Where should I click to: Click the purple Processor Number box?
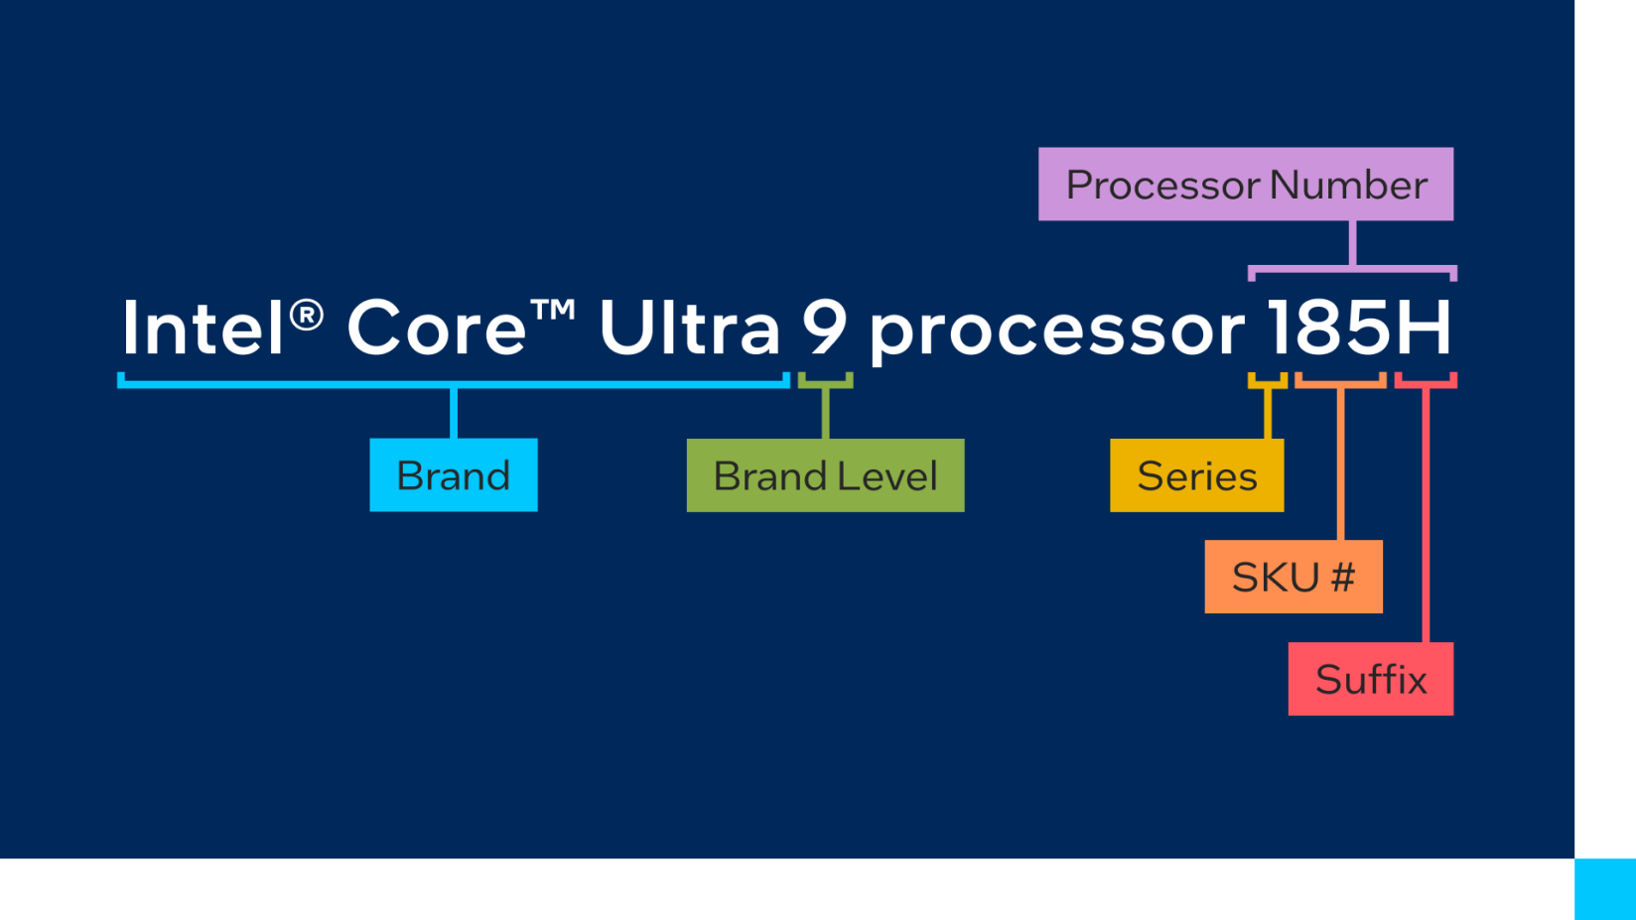[1245, 184]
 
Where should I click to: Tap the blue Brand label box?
[453, 475]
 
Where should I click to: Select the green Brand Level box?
[824, 475]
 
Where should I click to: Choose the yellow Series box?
[1196, 475]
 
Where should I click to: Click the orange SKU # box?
[1293, 577]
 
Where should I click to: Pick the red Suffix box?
[1370, 679]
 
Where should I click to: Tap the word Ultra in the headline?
[689, 328]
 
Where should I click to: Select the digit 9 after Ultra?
[825, 328]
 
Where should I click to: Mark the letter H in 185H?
[1424, 328]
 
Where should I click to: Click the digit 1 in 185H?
[1278, 328]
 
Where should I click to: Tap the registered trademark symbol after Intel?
[307, 315]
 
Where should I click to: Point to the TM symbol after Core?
[553, 310]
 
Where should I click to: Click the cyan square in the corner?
[1604, 889]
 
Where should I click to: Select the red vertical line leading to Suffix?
[1426, 516]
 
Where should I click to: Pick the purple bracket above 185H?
[1352, 269]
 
